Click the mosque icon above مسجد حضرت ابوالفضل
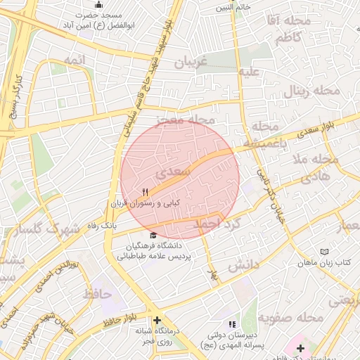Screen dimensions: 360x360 click(x=98, y=6)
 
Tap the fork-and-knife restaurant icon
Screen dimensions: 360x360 click(x=146, y=191)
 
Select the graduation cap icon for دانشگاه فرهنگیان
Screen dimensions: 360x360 click(x=153, y=236)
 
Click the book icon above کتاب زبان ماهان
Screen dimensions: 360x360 click(x=323, y=252)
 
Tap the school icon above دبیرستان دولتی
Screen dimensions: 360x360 click(x=233, y=324)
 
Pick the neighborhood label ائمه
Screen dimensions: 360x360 click(x=74, y=60)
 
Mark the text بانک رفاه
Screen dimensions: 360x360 click(x=99, y=226)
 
